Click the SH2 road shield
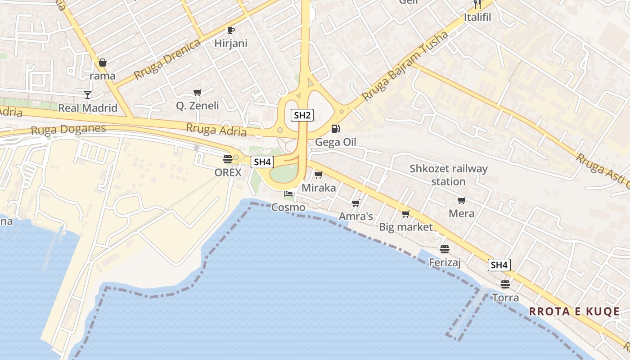pos(302,115)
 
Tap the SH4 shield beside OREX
pos(262,162)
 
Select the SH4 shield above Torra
pos(499,265)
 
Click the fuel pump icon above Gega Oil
pos(335,129)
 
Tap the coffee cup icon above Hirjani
pos(231,30)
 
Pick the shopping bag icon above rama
pos(103,63)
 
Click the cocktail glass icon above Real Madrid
pos(88,94)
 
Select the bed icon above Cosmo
pos(288,194)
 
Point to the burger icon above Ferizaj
pos(445,249)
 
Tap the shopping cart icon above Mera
pos(461,200)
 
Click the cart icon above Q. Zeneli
pos(197,92)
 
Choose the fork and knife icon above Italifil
pos(477,4)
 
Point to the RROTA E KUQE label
pos(574,311)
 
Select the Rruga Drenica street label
pos(167,59)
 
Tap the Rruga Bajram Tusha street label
pos(405,66)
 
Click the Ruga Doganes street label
pos(68,130)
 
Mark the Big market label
pos(405,227)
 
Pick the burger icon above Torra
pos(505,284)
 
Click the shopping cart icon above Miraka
pos(319,175)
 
